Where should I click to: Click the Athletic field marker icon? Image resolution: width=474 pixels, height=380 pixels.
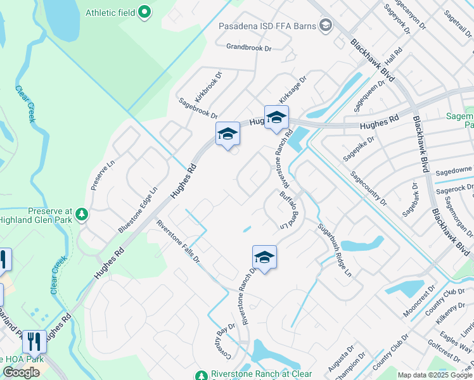(144, 11)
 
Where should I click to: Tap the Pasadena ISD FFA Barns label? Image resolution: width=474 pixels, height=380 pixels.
(269, 26)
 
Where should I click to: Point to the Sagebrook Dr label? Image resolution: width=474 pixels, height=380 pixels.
(198, 109)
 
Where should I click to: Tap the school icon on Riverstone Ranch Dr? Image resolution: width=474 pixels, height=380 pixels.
(264, 257)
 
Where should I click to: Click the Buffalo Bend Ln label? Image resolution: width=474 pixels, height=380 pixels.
(288, 209)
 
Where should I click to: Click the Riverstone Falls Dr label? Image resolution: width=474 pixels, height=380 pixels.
(178, 241)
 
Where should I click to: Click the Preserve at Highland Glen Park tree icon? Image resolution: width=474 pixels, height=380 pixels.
(81, 215)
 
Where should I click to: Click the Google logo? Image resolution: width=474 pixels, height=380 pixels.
(21, 372)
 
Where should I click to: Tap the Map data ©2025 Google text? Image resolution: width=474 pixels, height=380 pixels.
(435, 375)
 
